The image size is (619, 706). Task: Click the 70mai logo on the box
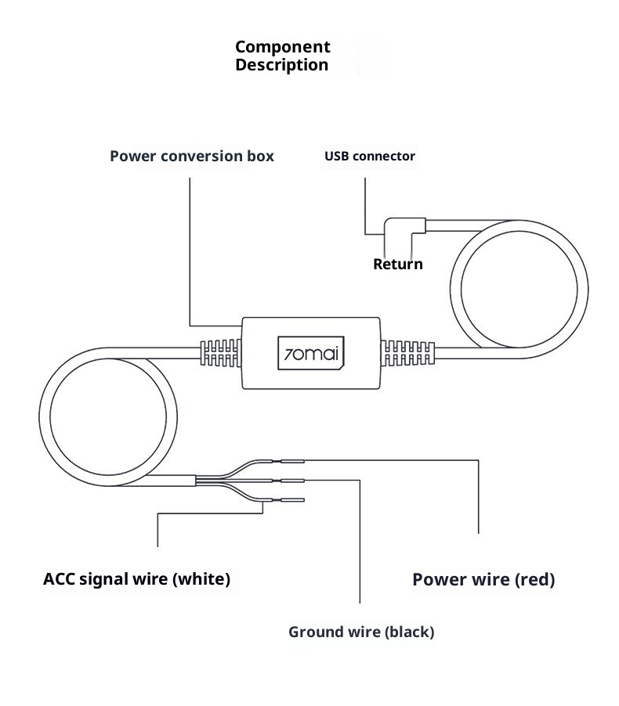(311, 352)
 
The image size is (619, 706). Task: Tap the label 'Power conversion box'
(192, 156)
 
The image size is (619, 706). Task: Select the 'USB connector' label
(370, 156)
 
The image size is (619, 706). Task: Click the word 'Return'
(397, 264)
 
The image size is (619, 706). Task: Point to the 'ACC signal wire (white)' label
(137, 579)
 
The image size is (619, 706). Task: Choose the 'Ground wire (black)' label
(361, 632)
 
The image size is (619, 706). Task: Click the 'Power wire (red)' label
(483, 579)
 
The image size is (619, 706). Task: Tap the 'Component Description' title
(283, 56)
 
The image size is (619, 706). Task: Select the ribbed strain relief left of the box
(220, 352)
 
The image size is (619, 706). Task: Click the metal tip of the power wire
(293, 461)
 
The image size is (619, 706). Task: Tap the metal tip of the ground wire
(293, 481)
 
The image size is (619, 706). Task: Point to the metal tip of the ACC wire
(293, 499)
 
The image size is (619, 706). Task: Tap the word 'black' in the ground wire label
(407, 632)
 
